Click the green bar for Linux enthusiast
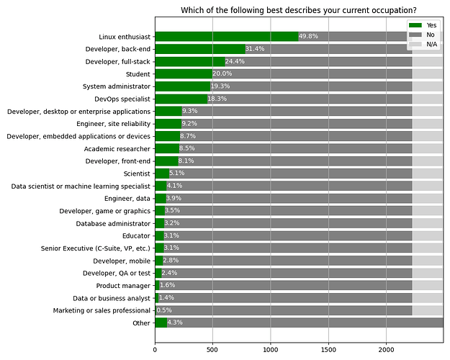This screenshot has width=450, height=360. click(x=226, y=37)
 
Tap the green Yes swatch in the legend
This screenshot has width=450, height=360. click(x=416, y=25)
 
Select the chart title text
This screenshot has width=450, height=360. click(x=298, y=10)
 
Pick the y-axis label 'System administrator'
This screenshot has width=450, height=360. click(x=114, y=86)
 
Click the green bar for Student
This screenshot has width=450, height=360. click(x=184, y=74)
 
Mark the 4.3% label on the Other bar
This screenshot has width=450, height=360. click(x=175, y=323)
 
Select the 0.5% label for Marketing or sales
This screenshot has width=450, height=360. click(x=165, y=310)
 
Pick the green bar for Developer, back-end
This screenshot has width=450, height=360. click(x=200, y=49)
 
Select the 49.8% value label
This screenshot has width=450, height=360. click(x=309, y=37)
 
